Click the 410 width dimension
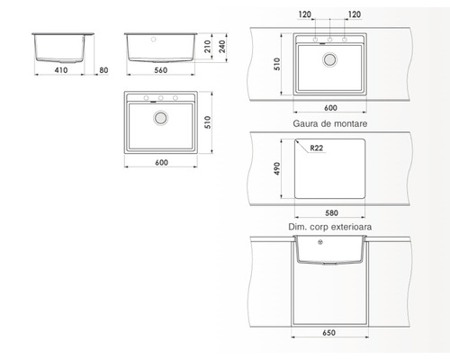[x=61, y=70]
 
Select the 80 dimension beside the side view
[x=103, y=70]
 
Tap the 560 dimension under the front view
[x=161, y=70]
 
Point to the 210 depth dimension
[x=208, y=47]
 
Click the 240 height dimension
[x=222, y=47]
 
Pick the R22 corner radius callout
[x=317, y=148]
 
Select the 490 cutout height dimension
[x=277, y=168]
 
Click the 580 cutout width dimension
[x=331, y=213]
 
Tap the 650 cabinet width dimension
[x=329, y=333]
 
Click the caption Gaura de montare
[x=330, y=123]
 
